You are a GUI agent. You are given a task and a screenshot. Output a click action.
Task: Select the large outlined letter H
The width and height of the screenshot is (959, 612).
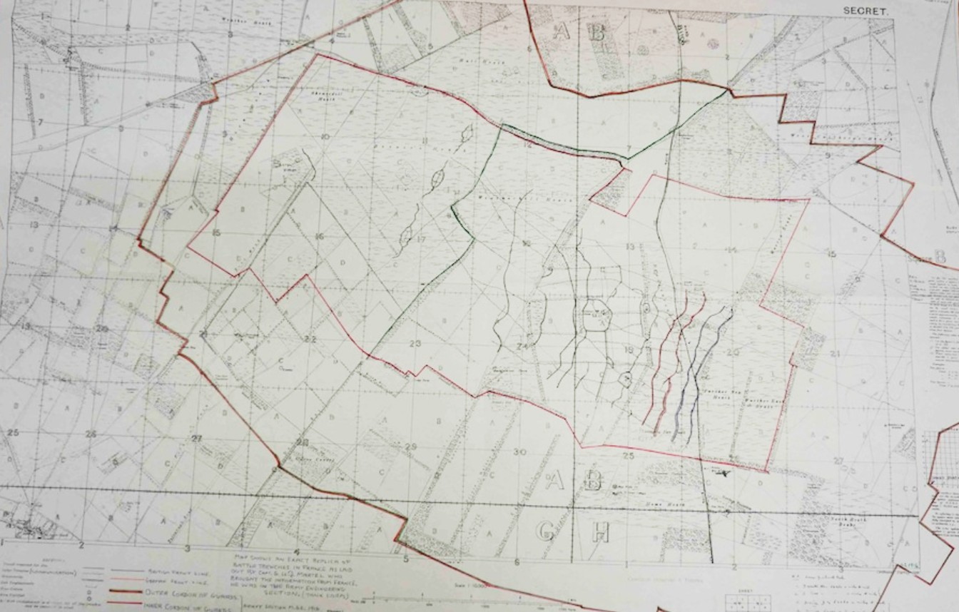[599, 531]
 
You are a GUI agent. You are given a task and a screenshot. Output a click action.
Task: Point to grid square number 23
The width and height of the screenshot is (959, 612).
[416, 344]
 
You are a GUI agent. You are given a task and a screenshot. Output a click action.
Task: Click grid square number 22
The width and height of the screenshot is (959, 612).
[310, 339]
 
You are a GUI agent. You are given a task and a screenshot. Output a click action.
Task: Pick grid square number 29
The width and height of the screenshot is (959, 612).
[410, 447]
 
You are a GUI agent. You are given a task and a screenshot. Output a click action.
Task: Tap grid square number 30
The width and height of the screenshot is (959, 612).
[519, 452]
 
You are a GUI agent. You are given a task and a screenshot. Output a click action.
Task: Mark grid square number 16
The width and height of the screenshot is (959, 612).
[320, 237]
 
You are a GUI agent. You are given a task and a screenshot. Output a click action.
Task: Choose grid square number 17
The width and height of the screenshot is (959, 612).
[421, 239]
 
